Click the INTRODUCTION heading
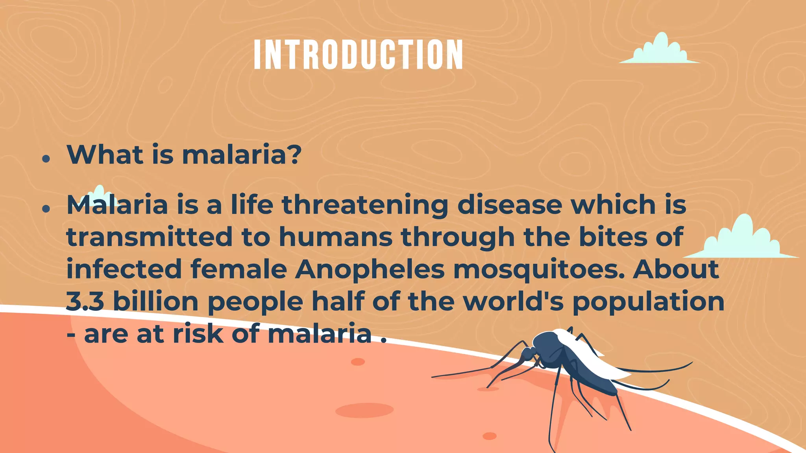click(358, 55)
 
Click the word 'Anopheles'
click(370, 270)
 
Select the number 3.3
click(85, 302)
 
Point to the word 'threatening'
click(365, 205)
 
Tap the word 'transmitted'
click(150, 237)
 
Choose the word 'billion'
click(156, 302)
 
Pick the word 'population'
click(648, 302)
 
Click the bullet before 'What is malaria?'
click(46, 159)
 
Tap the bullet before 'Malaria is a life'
click(46, 208)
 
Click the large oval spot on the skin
click(364, 410)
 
